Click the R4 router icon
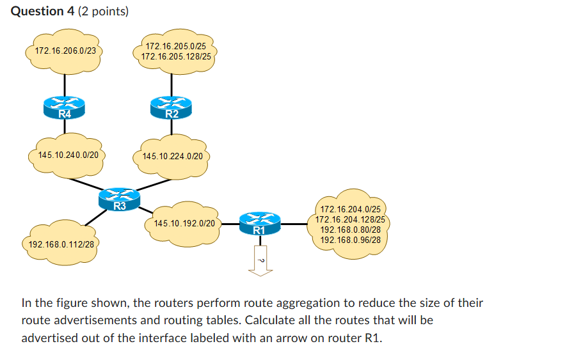pyautogui.click(x=65, y=107)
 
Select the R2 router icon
pyautogui.click(x=171, y=107)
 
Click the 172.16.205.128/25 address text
pyautogui.click(x=176, y=57)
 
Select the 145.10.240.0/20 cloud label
pyautogui.click(x=68, y=155)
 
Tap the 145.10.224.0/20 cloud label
pyautogui.click(x=173, y=156)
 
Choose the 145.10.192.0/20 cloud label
pyautogui.click(x=184, y=224)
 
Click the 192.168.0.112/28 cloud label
pyautogui.click(x=61, y=244)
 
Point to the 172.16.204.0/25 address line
pyautogui.click(x=350, y=209)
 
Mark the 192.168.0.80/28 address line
pyautogui.click(x=350, y=230)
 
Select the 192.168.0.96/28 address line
pyautogui.click(x=350, y=240)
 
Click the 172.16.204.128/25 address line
pyautogui.click(x=350, y=219)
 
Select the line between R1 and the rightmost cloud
pyautogui.click(x=294, y=224)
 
